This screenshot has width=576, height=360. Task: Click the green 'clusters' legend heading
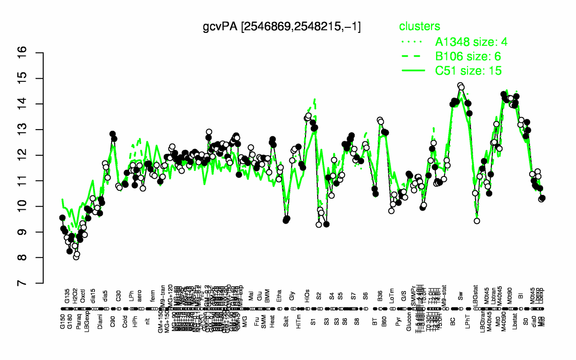click(420, 27)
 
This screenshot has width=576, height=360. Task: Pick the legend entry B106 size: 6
click(468, 56)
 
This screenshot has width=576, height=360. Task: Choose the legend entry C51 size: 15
click(468, 71)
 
